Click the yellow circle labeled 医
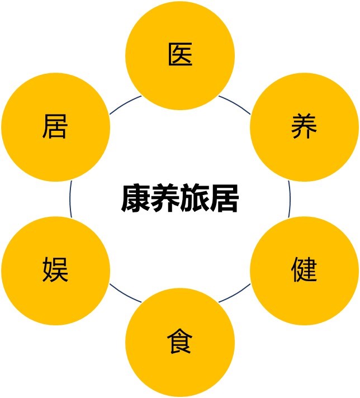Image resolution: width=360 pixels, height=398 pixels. [x=180, y=55]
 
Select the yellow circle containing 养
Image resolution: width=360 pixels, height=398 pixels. [x=305, y=127]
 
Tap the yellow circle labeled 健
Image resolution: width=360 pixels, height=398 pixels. [x=305, y=271]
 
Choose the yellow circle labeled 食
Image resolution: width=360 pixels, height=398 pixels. [x=180, y=343]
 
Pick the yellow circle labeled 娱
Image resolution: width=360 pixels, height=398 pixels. [x=55, y=271]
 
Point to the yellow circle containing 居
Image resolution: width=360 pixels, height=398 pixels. [x=55, y=127]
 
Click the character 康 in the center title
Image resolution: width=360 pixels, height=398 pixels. [x=136, y=198]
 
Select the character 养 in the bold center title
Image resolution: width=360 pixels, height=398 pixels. [x=165, y=198]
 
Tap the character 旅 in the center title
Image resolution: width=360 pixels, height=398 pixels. [x=194, y=198]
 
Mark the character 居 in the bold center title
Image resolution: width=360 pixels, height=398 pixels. [x=224, y=198]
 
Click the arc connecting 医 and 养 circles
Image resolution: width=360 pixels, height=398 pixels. [x=235, y=103]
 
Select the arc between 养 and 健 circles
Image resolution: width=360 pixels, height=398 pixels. [x=290, y=199]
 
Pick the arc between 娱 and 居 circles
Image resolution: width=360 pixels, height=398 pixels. [x=70, y=199]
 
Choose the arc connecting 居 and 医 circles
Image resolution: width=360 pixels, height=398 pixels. [x=125, y=103]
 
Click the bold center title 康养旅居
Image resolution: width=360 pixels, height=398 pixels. [x=180, y=198]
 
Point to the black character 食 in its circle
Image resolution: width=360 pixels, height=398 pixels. [x=180, y=341]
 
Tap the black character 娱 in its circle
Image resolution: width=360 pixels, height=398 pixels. [x=55, y=269]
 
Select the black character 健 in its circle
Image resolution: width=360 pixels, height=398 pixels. [x=304, y=269]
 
